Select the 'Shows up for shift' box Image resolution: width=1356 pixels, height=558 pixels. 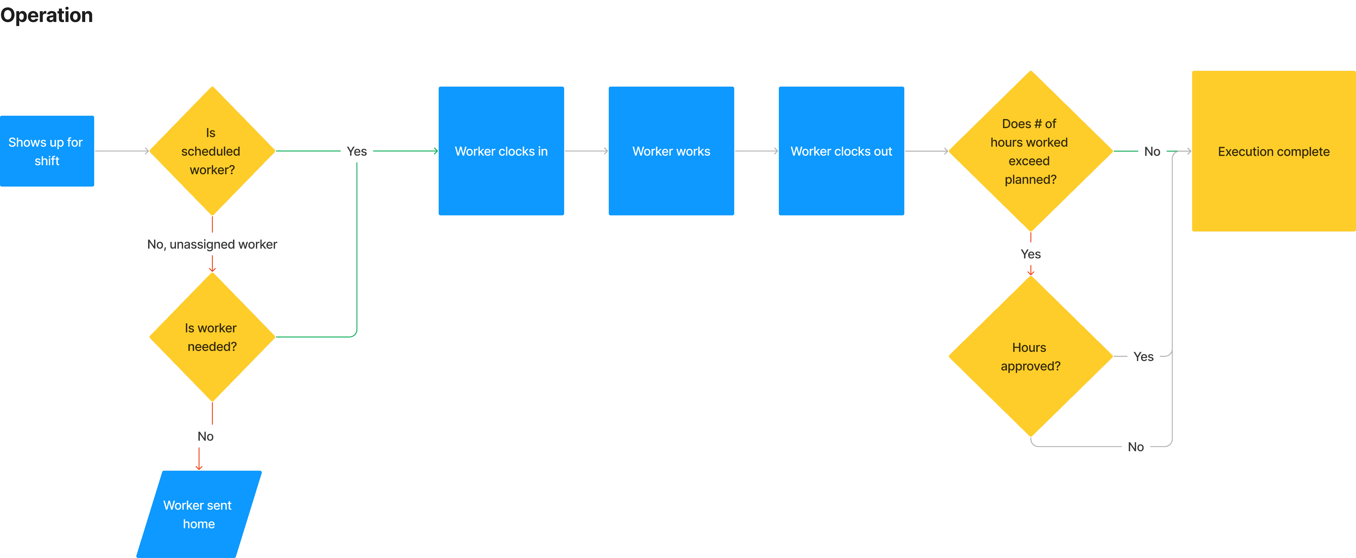pyautogui.click(x=47, y=151)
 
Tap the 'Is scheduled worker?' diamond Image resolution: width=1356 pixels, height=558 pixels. pyautogui.click(x=212, y=151)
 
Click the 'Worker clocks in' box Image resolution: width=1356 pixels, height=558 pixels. pyautogui.click(x=501, y=151)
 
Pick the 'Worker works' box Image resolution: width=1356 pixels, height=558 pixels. pyautogui.click(x=671, y=151)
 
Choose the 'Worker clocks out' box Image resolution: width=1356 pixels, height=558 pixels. pyautogui.click(x=841, y=151)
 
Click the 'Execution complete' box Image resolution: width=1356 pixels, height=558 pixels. pyautogui.click(x=1274, y=151)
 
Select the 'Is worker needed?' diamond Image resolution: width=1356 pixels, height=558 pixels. pyautogui.click(x=212, y=337)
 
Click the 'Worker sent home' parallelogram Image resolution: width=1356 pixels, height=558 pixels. pyautogui.click(x=199, y=514)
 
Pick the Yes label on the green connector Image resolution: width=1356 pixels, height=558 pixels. pyautogui.click(x=357, y=151)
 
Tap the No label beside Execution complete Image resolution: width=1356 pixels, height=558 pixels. pyautogui.click(x=1152, y=151)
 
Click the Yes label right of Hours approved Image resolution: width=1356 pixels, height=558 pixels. pyautogui.click(x=1143, y=357)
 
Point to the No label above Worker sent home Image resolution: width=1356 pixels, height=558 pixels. pyautogui.click(x=205, y=436)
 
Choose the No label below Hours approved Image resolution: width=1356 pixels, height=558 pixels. pyautogui.click(x=1136, y=447)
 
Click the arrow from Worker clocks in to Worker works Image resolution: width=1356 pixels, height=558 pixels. pyautogui.click(x=586, y=151)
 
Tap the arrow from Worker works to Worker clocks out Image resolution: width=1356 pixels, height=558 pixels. pyautogui.click(x=757, y=151)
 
